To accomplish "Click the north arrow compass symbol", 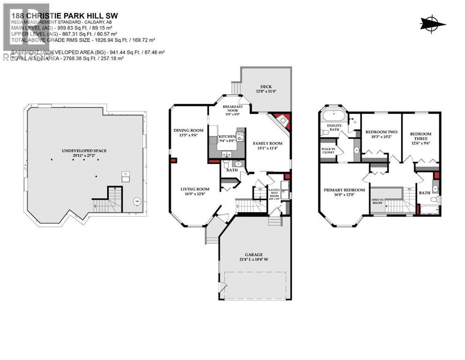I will click(433, 22).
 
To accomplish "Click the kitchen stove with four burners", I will click(240, 137).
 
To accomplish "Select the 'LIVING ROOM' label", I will click(195, 189).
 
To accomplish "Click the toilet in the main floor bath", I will click(226, 165).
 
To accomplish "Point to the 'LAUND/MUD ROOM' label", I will click(273, 190).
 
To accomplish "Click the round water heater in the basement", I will click(137, 202).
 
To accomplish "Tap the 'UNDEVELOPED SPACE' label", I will click(84, 150).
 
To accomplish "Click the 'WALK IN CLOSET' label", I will click(328, 151).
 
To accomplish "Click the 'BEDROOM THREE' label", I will click(421, 136).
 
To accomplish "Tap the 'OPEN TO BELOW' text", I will click(377, 201).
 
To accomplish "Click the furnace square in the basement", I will click(125, 176).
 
